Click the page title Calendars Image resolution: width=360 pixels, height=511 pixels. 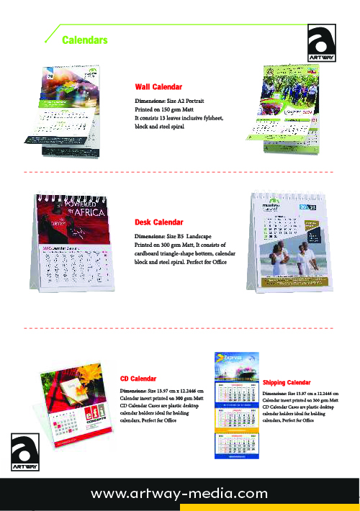[85, 40]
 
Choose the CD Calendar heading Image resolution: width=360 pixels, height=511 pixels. [138, 377]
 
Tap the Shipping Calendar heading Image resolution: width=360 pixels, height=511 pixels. [287, 381]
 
